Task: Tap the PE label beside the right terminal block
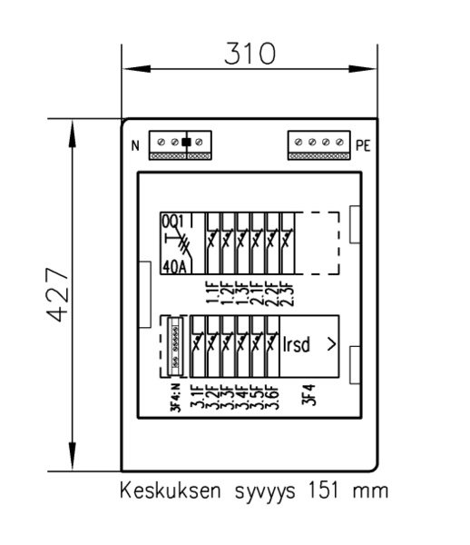click(x=363, y=143)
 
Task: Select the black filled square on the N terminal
click(x=187, y=142)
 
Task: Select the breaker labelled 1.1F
click(x=213, y=243)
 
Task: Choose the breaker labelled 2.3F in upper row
click(x=288, y=243)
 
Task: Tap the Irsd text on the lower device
click(x=299, y=346)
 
